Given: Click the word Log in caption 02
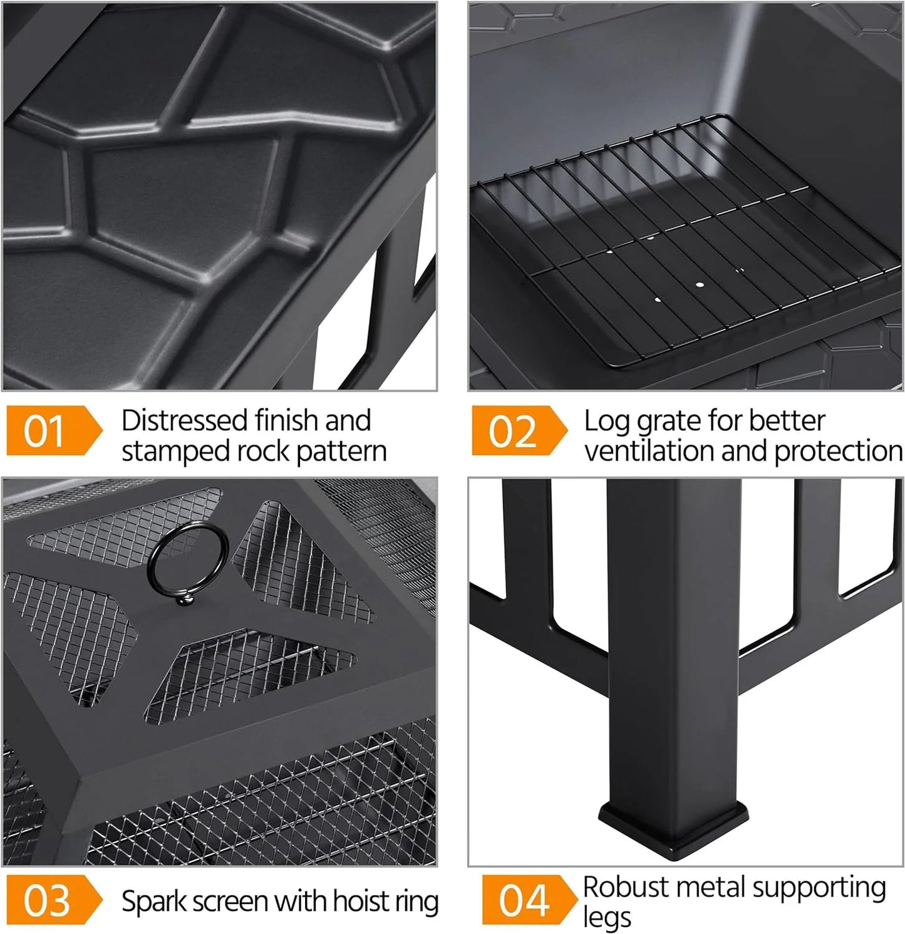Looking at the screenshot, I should click(606, 422).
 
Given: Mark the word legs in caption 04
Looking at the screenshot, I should click(606, 918).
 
